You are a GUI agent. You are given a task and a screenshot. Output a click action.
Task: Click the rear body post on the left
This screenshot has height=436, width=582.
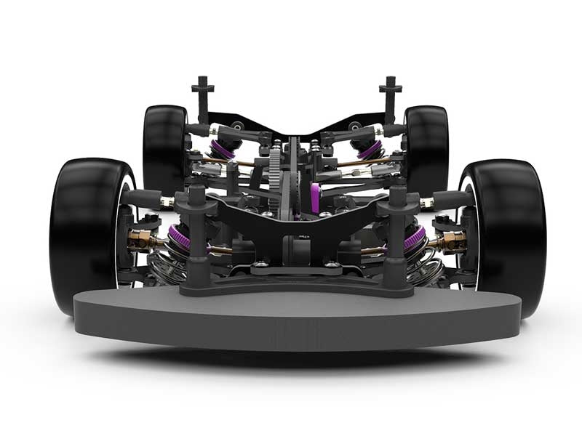(x=202, y=98)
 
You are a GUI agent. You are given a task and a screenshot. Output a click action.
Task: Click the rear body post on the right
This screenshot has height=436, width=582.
(x=390, y=98)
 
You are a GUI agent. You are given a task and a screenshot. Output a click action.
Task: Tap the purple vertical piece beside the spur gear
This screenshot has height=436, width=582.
(x=315, y=198)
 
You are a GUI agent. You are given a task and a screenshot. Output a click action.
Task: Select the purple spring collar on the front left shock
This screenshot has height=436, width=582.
(x=180, y=237)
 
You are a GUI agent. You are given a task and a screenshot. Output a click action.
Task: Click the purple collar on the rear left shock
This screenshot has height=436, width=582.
(x=221, y=150)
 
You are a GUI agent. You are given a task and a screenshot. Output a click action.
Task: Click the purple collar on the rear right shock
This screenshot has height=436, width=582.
(x=370, y=150)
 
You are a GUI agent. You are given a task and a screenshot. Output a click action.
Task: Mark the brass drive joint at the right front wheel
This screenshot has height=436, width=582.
(x=451, y=241)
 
